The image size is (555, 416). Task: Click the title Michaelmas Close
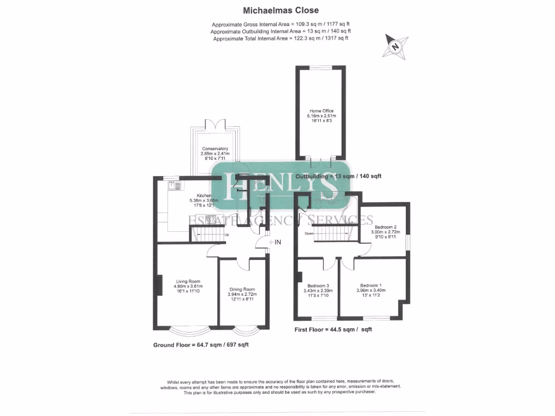click(x=280, y=10)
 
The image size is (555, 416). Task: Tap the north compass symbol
click(x=395, y=46)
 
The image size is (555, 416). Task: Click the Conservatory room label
click(x=215, y=149)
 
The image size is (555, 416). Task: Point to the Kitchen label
click(x=204, y=196)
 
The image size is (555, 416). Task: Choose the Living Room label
click(x=187, y=281)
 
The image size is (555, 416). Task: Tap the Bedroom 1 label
click(x=371, y=285)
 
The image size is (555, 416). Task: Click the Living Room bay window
click(x=187, y=328)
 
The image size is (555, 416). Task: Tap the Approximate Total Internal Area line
click(x=280, y=39)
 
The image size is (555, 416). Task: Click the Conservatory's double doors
click(x=215, y=123)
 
